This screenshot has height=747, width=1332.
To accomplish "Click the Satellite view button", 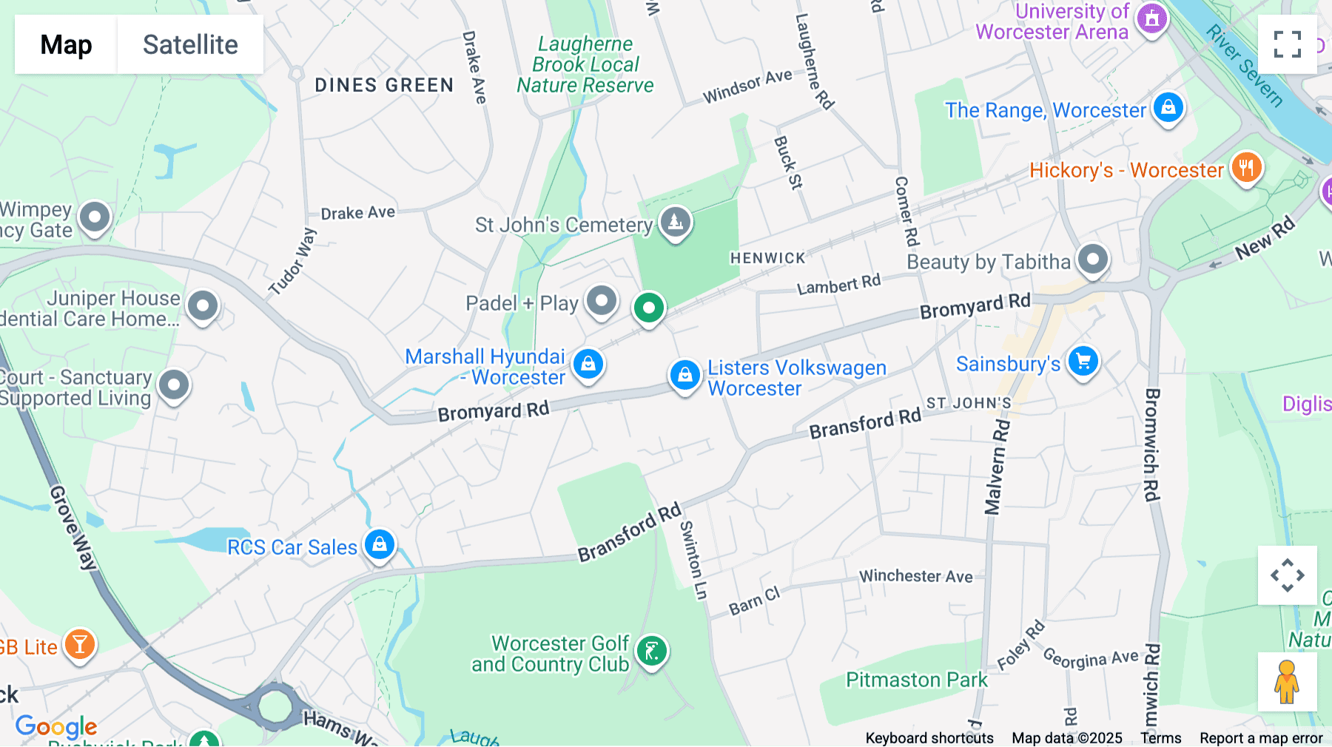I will [190, 44].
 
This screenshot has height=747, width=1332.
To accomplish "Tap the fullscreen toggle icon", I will [1287, 44].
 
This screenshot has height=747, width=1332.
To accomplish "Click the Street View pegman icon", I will [1287, 681].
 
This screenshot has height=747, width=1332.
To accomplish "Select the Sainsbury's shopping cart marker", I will [1083, 362].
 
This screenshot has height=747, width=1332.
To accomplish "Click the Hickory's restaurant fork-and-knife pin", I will [1246, 168].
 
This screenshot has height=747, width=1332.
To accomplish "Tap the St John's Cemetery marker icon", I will [675, 222].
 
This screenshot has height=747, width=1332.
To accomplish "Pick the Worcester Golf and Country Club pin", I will [652, 652].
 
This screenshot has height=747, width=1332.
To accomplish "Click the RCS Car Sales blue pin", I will [380, 545].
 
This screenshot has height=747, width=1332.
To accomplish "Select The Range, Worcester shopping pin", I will [1168, 108].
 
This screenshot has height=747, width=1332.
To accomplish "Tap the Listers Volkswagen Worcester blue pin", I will [684, 375].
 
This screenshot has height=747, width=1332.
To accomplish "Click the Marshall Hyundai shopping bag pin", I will [588, 364].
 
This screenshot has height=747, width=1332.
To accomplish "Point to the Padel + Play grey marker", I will [602, 301].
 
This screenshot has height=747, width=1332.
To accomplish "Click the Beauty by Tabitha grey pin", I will [1092, 260].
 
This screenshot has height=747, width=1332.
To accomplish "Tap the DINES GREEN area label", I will [384, 86].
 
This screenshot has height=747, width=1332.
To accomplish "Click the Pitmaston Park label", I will [916, 680].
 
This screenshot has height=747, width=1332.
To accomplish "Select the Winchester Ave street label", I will [915, 576].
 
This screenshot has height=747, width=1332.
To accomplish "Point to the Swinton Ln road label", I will [693, 559].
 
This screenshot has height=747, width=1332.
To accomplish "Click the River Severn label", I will [1244, 65].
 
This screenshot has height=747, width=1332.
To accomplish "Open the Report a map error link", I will [1261, 738].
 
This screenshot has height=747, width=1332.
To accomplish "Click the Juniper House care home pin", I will [203, 305].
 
